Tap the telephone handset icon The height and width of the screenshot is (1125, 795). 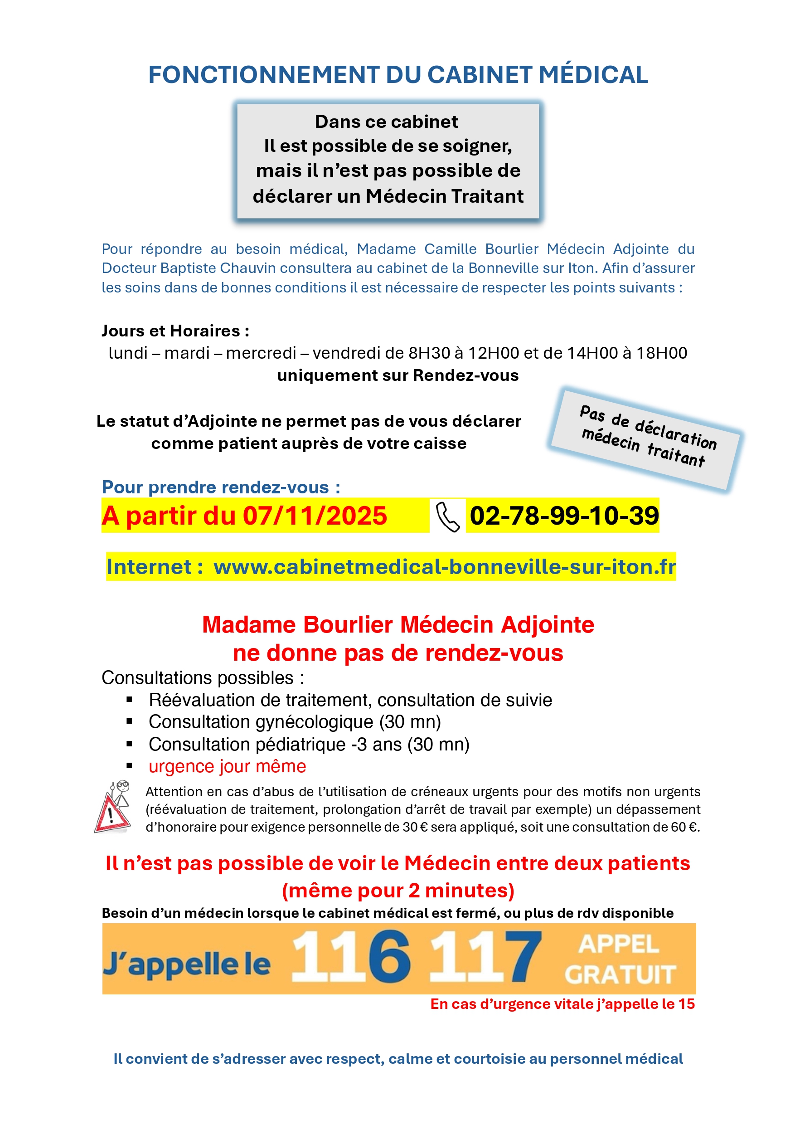(447, 516)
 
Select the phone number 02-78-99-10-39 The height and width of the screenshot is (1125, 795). (564, 516)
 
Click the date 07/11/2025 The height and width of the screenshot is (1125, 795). (315, 516)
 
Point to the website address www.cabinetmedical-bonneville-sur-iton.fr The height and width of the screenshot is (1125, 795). (444, 567)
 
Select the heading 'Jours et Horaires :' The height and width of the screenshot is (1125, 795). (175, 331)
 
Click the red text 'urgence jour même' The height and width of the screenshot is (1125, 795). (227, 766)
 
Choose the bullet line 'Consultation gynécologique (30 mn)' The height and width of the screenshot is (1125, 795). (295, 722)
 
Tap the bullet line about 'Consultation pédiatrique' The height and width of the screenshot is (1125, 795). (309, 744)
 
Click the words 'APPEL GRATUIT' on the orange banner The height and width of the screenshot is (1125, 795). (620, 959)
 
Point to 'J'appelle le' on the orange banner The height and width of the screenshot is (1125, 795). (186, 964)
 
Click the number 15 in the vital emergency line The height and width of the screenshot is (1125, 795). (686, 1004)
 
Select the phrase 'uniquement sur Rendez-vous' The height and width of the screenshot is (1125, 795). (398, 375)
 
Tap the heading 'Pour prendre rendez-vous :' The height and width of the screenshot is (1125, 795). (221, 487)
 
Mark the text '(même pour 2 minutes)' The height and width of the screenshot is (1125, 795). (398, 890)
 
